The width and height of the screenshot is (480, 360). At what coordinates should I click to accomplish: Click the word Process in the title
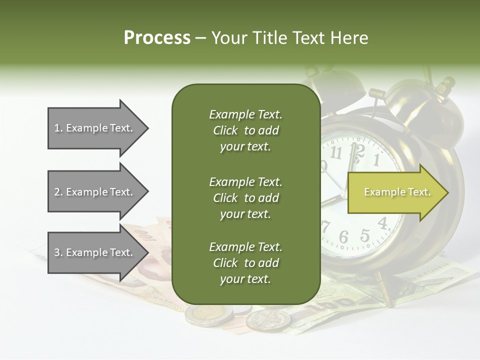157,37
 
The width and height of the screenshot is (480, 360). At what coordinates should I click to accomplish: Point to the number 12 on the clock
357,150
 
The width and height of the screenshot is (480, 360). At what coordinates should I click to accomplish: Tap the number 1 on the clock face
376,160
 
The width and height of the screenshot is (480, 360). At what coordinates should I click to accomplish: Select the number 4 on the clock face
383,223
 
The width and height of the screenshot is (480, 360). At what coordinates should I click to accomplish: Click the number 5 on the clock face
365,234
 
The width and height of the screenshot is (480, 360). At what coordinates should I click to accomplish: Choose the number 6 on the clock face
343,237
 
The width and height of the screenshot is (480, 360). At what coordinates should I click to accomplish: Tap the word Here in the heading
349,37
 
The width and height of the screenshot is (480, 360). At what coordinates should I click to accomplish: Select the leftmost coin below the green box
208,314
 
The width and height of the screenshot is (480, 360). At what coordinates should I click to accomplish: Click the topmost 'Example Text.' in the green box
245,114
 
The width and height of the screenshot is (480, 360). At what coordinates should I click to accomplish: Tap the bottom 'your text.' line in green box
245,279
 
